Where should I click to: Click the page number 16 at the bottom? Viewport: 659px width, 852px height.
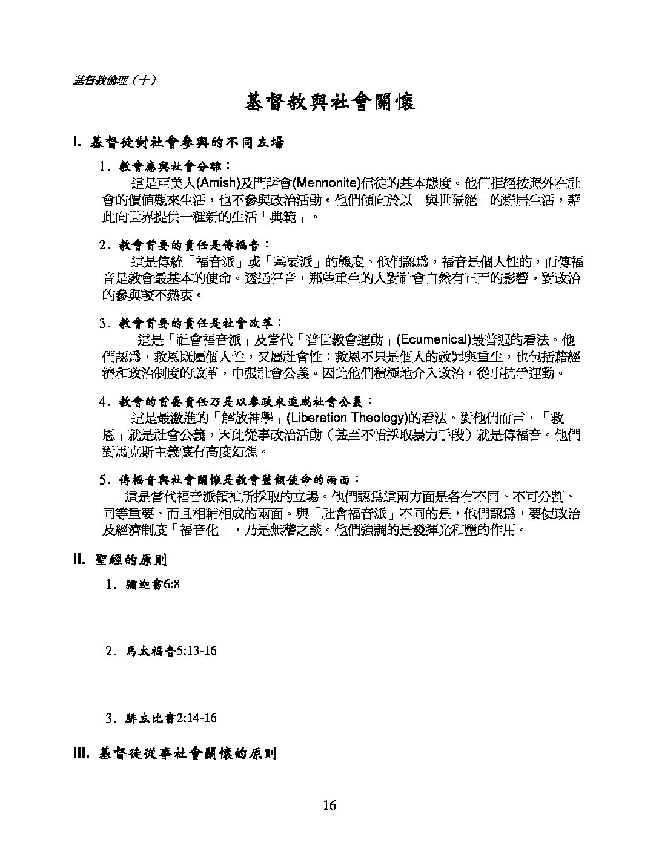329,805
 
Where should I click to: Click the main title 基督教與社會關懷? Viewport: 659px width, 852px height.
329,102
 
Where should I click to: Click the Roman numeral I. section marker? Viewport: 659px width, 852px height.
77,143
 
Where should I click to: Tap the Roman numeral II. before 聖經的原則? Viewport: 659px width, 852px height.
79,559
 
